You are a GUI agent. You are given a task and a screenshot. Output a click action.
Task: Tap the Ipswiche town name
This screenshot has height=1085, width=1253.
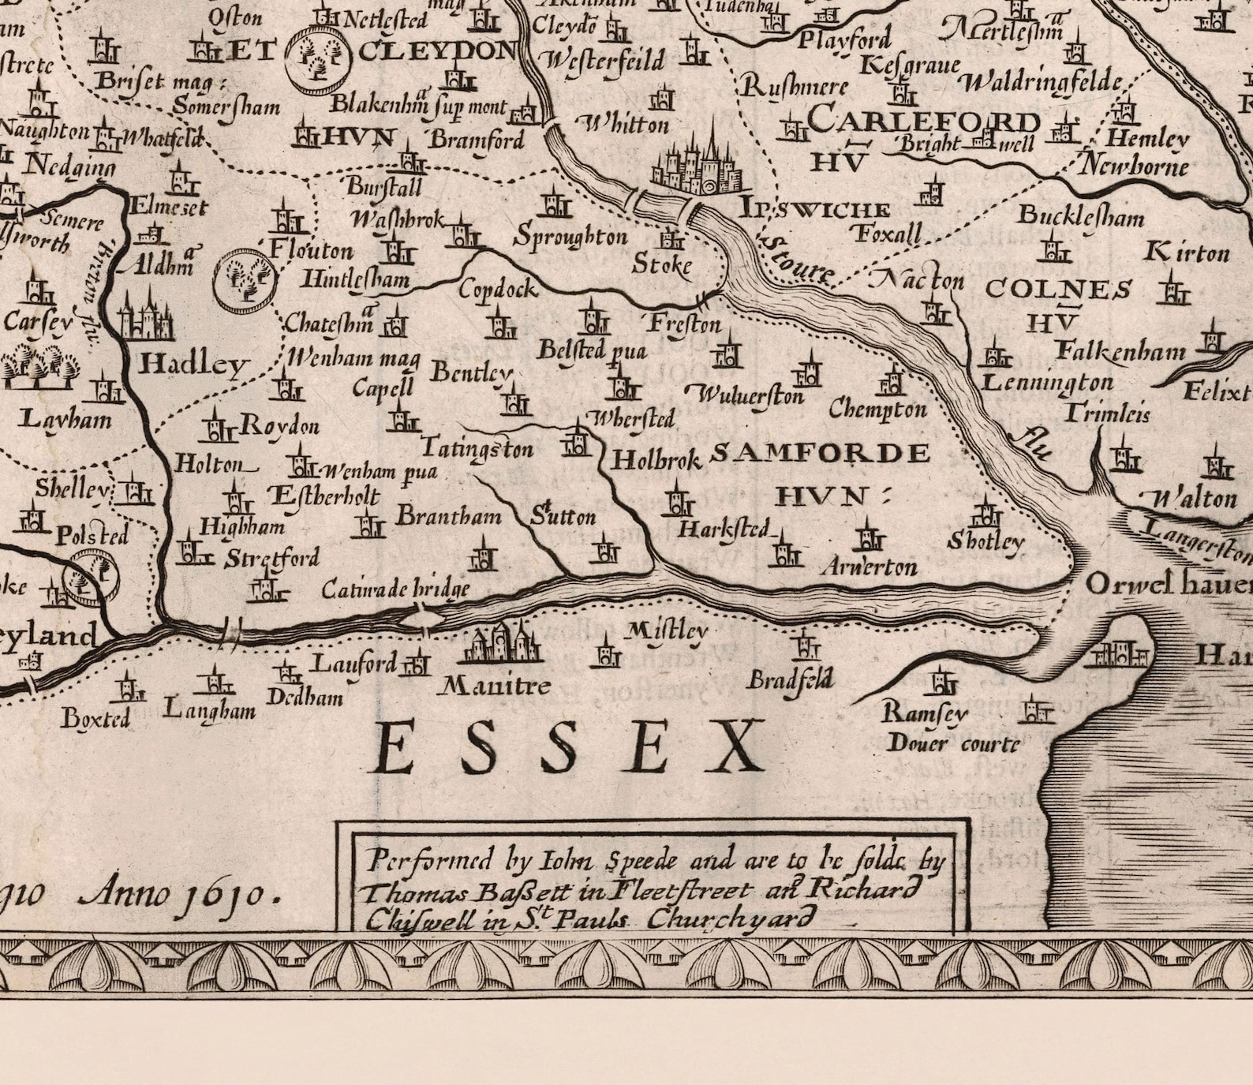tap(814, 209)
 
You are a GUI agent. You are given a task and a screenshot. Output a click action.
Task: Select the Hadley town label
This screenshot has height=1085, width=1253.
tap(193, 364)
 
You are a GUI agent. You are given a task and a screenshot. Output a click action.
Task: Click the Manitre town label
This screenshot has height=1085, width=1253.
tap(495, 685)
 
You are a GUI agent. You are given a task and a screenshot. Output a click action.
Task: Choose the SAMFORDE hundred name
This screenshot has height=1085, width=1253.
tap(821, 453)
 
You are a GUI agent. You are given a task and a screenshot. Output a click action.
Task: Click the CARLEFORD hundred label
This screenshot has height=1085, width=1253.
tap(923, 121)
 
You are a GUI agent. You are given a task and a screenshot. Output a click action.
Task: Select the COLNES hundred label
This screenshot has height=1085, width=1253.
tap(1059, 290)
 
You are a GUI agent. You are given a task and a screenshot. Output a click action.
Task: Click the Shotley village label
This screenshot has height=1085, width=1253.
tap(986, 541)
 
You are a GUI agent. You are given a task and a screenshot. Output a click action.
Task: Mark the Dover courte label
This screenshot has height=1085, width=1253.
tap(953, 743)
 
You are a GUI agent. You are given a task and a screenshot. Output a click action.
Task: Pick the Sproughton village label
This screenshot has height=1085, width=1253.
tap(570, 236)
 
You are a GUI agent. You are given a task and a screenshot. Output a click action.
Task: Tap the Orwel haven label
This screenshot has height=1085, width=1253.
tap(1168, 585)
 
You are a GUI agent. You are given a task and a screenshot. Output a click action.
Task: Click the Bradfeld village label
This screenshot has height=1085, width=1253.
tap(789, 679)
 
